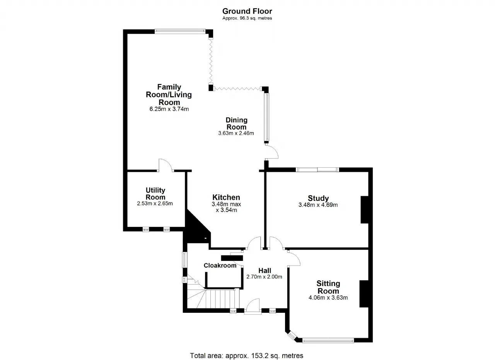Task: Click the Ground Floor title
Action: [x=247, y=11]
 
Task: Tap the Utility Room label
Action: [x=155, y=194]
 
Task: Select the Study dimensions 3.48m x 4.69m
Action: [x=318, y=205]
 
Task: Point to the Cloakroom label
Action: [x=220, y=266]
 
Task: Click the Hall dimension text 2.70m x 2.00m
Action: [x=264, y=277]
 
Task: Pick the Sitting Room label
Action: [x=328, y=287]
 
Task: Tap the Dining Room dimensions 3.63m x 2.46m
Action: [x=236, y=133]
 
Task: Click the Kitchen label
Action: [x=226, y=197]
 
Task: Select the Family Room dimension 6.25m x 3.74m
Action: [x=169, y=109]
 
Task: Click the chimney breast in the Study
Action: [x=364, y=209]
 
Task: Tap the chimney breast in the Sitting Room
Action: [x=364, y=294]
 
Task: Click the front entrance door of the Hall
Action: [x=253, y=306]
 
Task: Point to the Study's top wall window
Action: [x=317, y=170]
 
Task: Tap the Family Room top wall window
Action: [x=180, y=31]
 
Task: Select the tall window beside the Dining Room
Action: [x=267, y=117]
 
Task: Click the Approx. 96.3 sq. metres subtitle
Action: [x=247, y=18]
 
